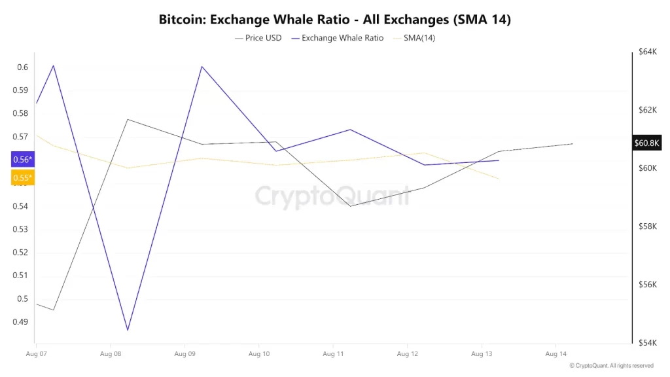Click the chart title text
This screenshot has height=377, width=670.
pyautogui.click(x=334, y=19)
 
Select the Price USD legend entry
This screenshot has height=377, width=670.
pyautogui.click(x=258, y=38)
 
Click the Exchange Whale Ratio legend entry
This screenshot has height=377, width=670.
pyautogui.click(x=338, y=38)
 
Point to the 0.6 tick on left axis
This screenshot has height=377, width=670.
pyautogui.click(x=22, y=67)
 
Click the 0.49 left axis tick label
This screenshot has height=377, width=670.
pyautogui.click(x=20, y=322)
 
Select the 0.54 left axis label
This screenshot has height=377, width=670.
pyautogui.click(x=20, y=206)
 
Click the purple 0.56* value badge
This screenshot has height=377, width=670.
pyautogui.click(x=22, y=160)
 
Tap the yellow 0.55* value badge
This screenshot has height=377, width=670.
pyautogui.click(x=22, y=177)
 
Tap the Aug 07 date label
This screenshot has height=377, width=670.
pyautogui.click(x=35, y=354)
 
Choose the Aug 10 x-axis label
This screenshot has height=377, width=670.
pyautogui.click(x=258, y=354)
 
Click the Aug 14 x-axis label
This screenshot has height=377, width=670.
pyautogui.click(x=555, y=354)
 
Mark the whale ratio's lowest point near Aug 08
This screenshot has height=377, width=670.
pyautogui.click(x=128, y=330)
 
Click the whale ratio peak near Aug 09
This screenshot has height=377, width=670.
pyautogui.click(x=202, y=66)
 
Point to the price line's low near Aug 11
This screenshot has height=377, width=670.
pyautogui.click(x=351, y=206)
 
